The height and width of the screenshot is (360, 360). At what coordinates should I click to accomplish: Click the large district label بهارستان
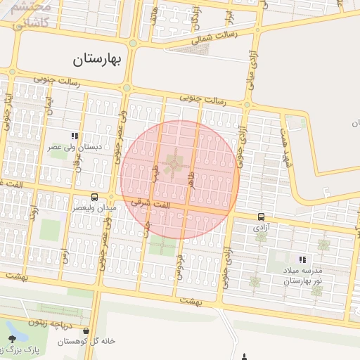pyautogui.click(x=97, y=60)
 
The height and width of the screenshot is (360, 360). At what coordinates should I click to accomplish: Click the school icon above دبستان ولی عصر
pyautogui.click(x=74, y=136)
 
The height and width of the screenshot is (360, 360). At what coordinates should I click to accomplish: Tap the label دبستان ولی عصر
pyautogui.click(x=74, y=148)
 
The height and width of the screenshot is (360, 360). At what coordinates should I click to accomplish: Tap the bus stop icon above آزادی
pyautogui.click(x=262, y=217)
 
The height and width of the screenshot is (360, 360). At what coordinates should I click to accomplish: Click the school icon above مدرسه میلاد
pyautogui.click(x=302, y=259)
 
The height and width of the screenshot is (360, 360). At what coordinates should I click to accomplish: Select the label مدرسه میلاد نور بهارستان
pyautogui.click(x=302, y=276)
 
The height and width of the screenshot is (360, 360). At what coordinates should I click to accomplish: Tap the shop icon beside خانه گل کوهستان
pyautogui.click(x=86, y=330)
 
